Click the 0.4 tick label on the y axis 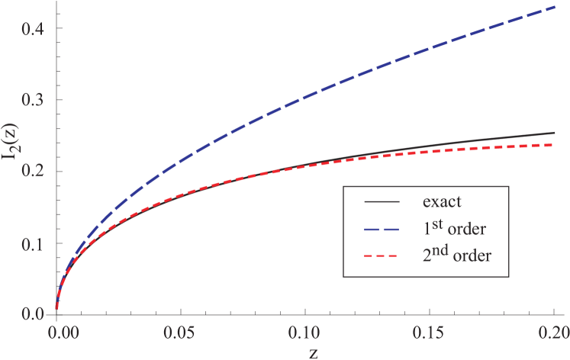32,29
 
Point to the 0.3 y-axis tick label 32,100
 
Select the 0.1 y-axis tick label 32,243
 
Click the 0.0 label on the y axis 32,313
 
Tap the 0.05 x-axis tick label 180,333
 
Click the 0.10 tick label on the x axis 305,333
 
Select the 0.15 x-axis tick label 430,333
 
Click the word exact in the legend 443,203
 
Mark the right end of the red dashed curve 554,145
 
